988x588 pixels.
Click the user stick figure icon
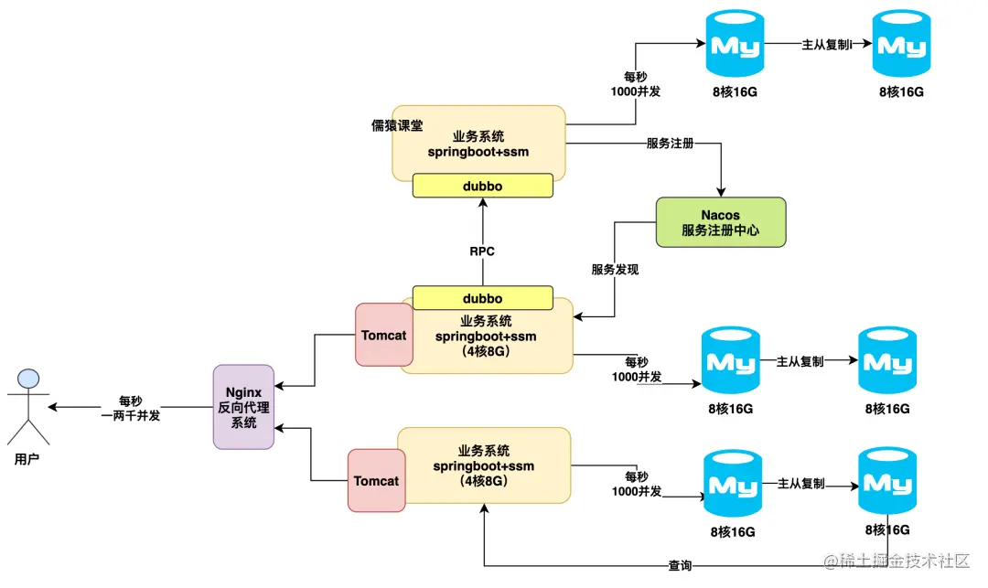coord(27,406)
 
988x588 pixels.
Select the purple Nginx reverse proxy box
coord(243,407)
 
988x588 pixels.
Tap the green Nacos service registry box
coord(721,222)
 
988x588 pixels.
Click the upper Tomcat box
coord(383,336)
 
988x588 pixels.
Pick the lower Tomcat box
coord(376,480)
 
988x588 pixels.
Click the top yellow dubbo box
coord(482,186)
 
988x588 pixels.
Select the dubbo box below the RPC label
coord(482,298)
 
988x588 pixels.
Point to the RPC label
coord(482,251)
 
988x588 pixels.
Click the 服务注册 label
coord(670,144)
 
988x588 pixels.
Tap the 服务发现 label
coord(615,270)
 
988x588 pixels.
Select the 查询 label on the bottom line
coord(680,566)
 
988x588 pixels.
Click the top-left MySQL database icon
coord(735,44)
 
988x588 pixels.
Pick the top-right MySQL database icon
coord(900,44)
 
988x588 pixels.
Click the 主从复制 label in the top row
coord(826,44)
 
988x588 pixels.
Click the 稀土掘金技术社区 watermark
coord(896,561)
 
